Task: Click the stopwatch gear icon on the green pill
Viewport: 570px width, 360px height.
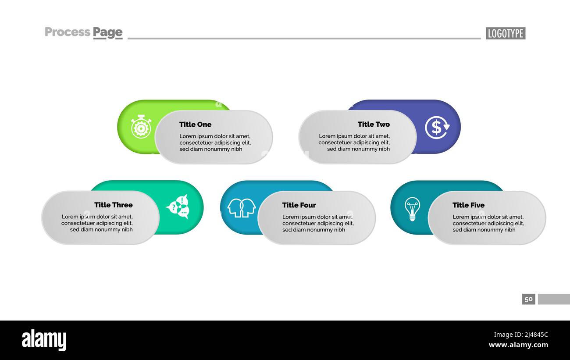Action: [141, 127]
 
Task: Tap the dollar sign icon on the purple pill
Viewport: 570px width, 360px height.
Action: [437, 127]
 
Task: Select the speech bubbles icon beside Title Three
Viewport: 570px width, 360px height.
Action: [178, 207]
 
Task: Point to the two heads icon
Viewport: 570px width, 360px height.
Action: [241, 207]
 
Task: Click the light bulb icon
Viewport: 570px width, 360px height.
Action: [412, 208]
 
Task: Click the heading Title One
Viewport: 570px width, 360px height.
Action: [195, 125]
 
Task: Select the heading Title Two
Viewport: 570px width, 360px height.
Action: [374, 125]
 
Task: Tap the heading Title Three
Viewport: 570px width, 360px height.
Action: [113, 205]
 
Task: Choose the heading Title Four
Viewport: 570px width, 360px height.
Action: [299, 205]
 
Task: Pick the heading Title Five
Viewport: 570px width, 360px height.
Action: [468, 205]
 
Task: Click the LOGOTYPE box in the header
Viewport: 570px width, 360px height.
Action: [505, 33]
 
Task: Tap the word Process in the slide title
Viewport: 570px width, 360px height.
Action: [67, 32]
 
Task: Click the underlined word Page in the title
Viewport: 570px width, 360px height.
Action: [107, 32]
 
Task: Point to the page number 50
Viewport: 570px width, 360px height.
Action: [528, 299]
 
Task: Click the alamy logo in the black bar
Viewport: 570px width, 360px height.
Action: [44, 340]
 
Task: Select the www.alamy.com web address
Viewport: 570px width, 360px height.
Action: [518, 345]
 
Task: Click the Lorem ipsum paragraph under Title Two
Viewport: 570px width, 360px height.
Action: [354, 143]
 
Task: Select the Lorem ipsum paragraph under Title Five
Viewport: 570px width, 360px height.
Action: [488, 223]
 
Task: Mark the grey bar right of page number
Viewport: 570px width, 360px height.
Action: [554, 299]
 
